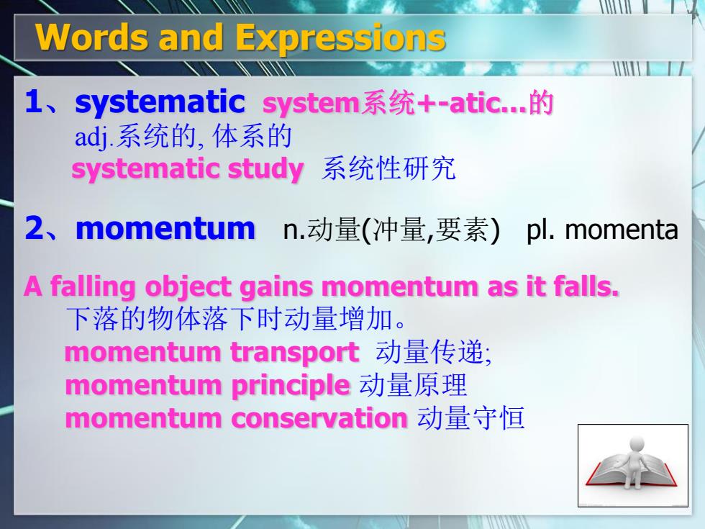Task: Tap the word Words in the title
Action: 92,37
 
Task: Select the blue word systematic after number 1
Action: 160,102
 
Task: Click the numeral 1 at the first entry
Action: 34,101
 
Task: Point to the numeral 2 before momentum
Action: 35,227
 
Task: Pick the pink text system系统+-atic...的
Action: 407,103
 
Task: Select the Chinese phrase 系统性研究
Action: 388,168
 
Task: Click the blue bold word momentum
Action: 165,229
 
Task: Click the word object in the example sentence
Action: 188,288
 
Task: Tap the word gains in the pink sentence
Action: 277,287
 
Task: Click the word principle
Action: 290,386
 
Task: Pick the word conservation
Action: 319,418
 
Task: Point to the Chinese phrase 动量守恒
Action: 470,418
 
